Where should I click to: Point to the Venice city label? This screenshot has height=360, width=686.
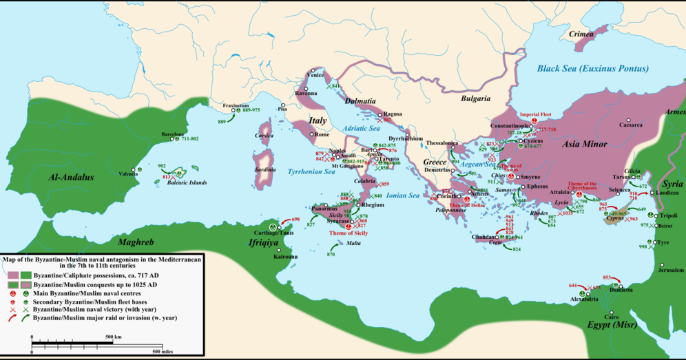pos(315,76)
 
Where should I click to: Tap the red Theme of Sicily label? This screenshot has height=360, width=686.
pos(348,233)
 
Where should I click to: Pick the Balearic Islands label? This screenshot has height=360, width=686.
pos(187,183)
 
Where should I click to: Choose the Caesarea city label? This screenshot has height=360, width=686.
pos(630,125)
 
